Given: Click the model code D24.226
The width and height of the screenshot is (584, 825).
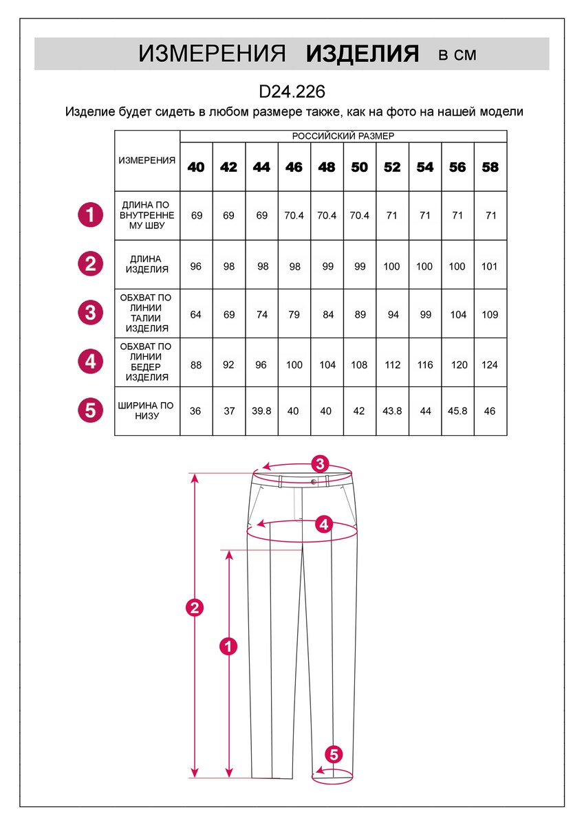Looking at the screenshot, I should pyautogui.click(x=292, y=92).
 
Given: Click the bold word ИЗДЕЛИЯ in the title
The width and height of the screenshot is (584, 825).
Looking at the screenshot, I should pyautogui.click(x=363, y=54).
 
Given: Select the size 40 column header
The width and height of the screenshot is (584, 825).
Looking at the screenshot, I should pyautogui.click(x=196, y=167).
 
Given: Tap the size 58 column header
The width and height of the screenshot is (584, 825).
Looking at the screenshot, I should pyautogui.click(x=490, y=167).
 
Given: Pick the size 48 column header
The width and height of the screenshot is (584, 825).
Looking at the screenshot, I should pyautogui.click(x=327, y=167).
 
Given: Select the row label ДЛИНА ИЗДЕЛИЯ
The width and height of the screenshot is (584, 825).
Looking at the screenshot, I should pyautogui.click(x=147, y=265).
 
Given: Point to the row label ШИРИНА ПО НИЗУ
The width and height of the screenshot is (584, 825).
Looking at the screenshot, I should pyautogui.click(x=147, y=411).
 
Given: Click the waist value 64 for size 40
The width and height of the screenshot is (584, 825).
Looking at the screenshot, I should pyautogui.click(x=196, y=315).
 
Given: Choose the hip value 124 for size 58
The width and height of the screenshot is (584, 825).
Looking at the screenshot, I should pyautogui.click(x=490, y=365).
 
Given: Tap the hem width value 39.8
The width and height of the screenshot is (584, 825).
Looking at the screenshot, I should pyautogui.click(x=261, y=411).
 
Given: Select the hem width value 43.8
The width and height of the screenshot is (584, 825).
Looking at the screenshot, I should pyautogui.click(x=392, y=411).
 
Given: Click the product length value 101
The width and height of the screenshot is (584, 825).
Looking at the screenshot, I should pyautogui.click(x=490, y=267).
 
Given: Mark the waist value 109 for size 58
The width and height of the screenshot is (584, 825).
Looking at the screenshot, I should pyautogui.click(x=490, y=315).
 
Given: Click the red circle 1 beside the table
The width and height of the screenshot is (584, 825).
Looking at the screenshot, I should pyautogui.click(x=90, y=214).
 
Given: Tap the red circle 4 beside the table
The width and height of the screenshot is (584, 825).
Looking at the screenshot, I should pyautogui.click(x=90, y=361).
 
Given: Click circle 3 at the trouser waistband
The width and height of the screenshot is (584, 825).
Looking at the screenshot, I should pyautogui.click(x=319, y=463).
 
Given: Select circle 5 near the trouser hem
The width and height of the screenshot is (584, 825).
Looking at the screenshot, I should pyautogui.click(x=334, y=754).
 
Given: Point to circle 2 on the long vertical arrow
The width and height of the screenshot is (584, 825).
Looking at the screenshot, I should pyautogui.click(x=195, y=607).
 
